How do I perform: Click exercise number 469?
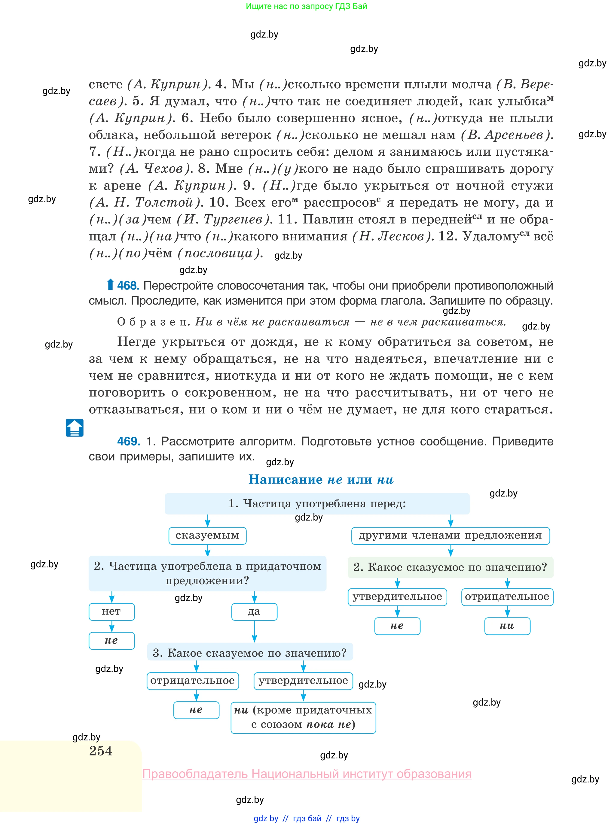click(128, 441)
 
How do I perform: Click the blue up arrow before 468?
click(110, 284)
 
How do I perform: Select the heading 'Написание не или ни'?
click(321, 479)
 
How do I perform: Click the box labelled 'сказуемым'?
click(207, 536)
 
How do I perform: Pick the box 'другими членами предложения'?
click(450, 536)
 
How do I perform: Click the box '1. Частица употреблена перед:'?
click(317, 504)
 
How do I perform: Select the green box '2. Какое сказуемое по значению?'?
click(450, 567)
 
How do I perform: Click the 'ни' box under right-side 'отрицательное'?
click(507, 626)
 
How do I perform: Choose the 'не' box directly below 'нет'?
click(111, 641)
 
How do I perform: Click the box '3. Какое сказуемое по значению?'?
click(250, 653)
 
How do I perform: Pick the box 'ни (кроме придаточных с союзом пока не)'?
click(303, 717)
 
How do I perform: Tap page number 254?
click(100, 751)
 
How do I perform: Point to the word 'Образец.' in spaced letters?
click(153, 322)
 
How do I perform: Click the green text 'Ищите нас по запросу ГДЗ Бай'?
click(306, 6)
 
